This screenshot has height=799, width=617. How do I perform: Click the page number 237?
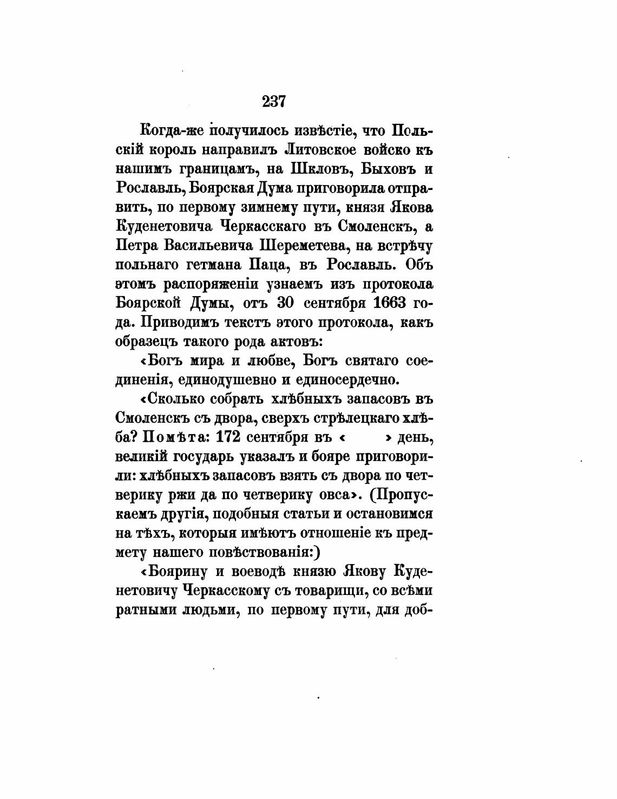tap(273, 101)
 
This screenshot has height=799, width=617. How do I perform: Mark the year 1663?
tap(385, 303)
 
